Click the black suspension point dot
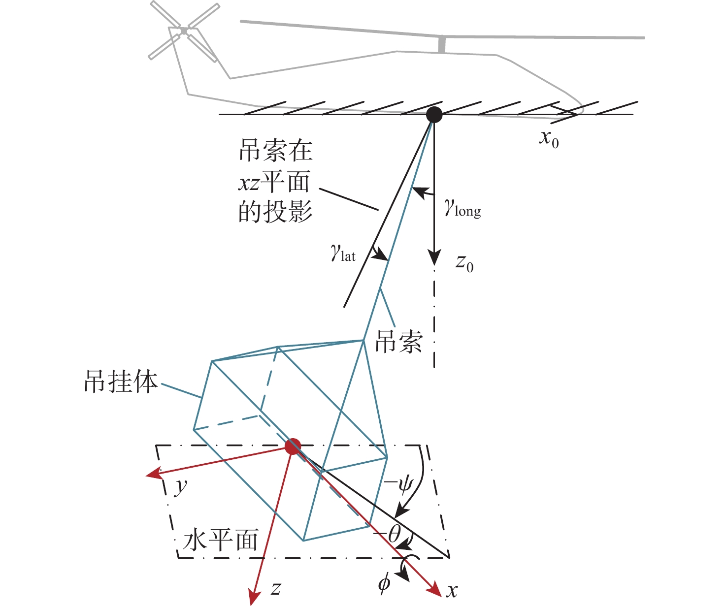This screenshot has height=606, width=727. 434,115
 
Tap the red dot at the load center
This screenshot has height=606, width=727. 293,446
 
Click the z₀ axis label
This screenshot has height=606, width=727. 465,263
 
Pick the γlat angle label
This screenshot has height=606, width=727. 343,253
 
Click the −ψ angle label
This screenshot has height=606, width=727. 398,485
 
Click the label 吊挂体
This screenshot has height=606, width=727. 121,382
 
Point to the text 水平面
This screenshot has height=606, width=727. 220,540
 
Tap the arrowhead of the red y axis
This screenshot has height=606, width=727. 154,474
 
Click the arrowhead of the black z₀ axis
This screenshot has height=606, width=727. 434,257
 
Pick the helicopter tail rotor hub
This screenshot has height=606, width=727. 184,31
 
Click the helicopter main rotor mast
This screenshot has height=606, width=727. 441,45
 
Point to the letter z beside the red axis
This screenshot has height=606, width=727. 276,589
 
